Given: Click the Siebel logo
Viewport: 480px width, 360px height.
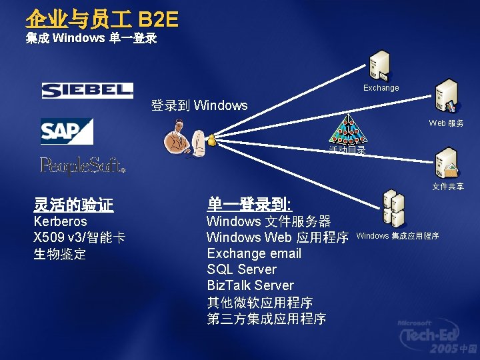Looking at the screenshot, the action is (x=87, y=90).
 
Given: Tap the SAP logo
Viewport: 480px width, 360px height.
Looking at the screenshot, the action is (x=67, y=131).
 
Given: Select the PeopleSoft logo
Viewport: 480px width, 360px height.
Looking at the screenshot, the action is (x=83, y=165).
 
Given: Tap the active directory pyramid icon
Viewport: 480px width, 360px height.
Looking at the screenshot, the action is (x=347, y=131).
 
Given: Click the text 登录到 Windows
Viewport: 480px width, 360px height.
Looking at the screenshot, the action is (x=199, y=105).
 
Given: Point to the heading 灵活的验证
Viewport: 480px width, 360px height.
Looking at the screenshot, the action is (x=73, y=205).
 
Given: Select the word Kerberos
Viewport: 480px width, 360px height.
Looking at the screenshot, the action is (x=60, y=221).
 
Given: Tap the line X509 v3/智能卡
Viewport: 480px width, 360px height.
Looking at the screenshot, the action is (x=79, y=237).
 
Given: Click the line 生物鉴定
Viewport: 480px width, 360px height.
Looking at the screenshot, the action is (x=59, y=254).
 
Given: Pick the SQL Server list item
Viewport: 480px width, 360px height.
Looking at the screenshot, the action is (x=241, y=269).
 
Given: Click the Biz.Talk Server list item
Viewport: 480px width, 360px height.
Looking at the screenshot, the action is (x=250, y=285).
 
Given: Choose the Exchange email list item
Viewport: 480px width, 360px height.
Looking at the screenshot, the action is (x=254, y=253).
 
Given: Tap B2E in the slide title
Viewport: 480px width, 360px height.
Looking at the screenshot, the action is (x=158, y=19).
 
